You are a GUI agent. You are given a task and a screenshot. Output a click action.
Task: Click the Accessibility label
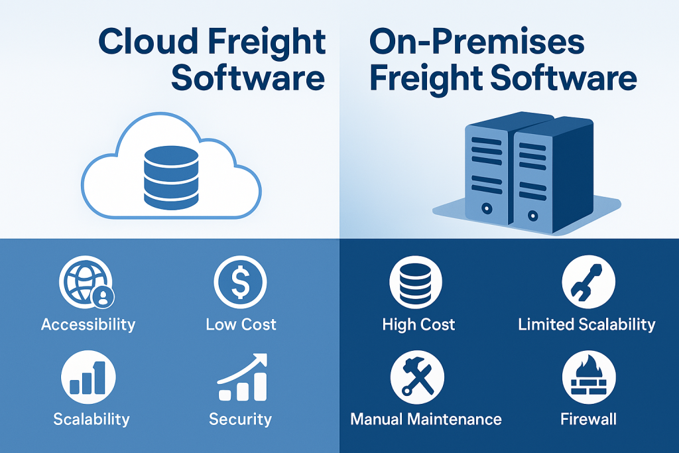click(88, 324)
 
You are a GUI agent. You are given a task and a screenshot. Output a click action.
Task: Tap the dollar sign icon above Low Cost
click(240, 282)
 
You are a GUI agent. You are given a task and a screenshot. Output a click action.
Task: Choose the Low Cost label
click(241, 324)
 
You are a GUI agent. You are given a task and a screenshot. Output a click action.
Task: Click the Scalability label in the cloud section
click(92, 419)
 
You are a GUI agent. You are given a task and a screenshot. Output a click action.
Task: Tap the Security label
click(240, 419)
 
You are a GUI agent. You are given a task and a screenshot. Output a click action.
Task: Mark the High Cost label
click(418, 324)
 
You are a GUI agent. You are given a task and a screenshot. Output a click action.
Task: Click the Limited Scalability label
click(587, 324)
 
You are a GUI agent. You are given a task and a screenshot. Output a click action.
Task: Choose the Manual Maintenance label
click(426, 419)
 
